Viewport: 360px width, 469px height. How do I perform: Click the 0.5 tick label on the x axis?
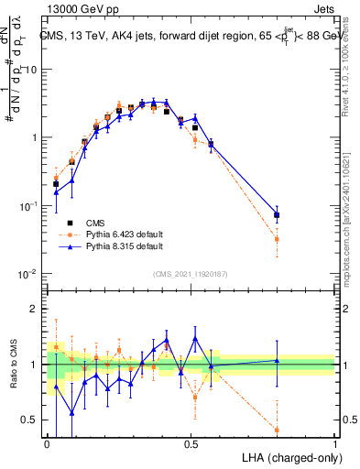[x=191, y=443]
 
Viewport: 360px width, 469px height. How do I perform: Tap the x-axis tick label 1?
[x=335, y=443]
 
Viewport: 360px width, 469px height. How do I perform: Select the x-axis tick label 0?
[x=47, y=443]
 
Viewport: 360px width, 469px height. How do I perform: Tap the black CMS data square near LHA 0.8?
[x=277, y=215]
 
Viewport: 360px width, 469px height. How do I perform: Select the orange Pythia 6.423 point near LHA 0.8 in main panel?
[x=277, y=239]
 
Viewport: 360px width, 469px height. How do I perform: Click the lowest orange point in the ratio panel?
[x=277, y=430]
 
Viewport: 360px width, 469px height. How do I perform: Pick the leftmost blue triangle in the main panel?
[x=56, y=192]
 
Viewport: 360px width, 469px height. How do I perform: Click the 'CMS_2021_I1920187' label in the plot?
[x=191, y=273]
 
